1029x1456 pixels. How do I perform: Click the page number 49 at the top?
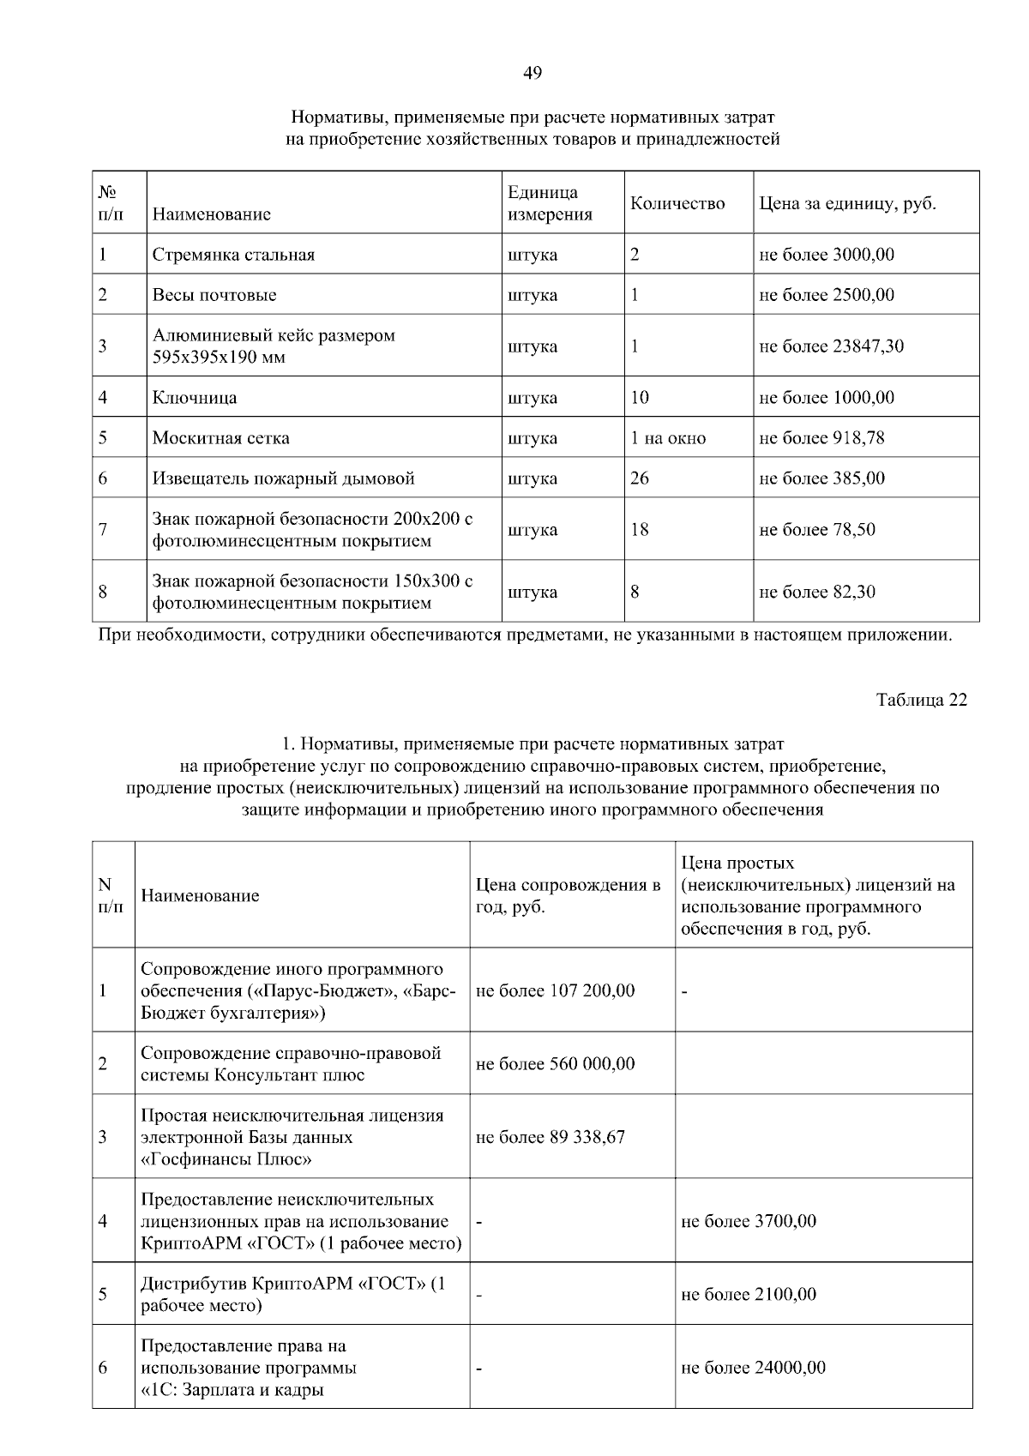pyautogui.click(x=532, y=74)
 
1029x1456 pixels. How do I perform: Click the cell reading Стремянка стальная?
pyautogui.click(x=233, y=255)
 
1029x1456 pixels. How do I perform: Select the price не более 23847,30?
pyautogui.click(x=831, y=346)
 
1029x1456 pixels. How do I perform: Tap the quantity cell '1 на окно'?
pyautogui.click(x=668, y=438)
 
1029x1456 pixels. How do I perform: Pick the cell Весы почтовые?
pyautogui.click(x=214, y=295)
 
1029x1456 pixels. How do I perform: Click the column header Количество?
pyautogui.click(x=677, y=203)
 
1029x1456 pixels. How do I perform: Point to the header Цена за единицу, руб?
pyautogui.click(x=847, y=204)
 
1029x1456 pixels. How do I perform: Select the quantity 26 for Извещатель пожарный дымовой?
pyautogui.click(x=640, y=478)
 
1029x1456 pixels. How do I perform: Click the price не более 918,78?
pyautogui.click(x=821, y=438)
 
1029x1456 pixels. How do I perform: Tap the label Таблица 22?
pyautogui.click(x=921, y=700)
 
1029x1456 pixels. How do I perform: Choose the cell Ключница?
pyautogui.click(x=195, y=398)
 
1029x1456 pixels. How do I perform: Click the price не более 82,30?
pyautogui.click(x=817, y=593)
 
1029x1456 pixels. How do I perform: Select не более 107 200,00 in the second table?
pyautogui.click(x=555, y=991)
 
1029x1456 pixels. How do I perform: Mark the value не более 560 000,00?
pyautogui.click(x=555, y=1064)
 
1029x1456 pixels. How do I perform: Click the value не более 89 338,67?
pyautogui.click(x=550, y=1137)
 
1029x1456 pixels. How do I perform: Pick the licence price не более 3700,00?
pyautogui.click(x=748, y=1221)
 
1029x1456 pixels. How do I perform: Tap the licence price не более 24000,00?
pyautogui.click(x=753, y=1368)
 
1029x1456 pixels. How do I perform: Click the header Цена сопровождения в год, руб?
pyautogui.click(x=568, y=896)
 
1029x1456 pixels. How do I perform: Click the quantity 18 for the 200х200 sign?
pyautogui.click(x=640, y=530)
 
